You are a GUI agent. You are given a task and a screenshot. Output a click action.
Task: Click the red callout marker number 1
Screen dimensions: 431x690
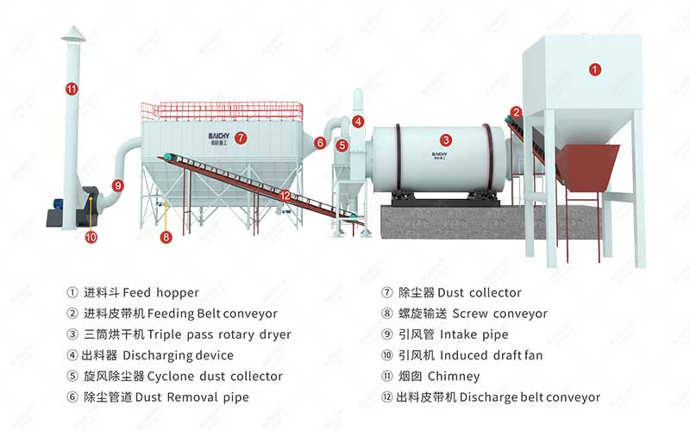[x=594, y=69]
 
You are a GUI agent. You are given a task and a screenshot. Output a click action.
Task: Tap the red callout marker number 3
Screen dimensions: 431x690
[x=446, y=140]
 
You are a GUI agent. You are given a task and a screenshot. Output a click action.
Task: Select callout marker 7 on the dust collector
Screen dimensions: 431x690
[x=241, y=137]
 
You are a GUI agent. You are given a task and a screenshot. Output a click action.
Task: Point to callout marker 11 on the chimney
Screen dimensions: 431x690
[x=72, y=88]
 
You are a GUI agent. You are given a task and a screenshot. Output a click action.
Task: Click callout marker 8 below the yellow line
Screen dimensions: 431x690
[x=166, y=236]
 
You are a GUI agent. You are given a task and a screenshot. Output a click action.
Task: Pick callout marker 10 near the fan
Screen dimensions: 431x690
[x=91, y=237]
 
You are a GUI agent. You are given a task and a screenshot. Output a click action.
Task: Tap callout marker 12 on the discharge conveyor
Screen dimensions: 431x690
[x=285, y=196]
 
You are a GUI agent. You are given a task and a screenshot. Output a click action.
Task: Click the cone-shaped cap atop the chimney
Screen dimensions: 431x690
[x=72, y=32]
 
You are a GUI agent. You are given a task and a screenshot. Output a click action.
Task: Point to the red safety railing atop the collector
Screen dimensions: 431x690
[x=222, y=110]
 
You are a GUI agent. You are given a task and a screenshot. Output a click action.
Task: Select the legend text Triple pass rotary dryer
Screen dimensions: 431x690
[x=219, y=334]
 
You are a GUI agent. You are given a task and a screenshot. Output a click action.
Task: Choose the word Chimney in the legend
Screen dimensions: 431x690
[x=453, y=377]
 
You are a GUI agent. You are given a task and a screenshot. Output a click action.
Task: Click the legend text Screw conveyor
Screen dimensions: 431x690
[x=499, y=314]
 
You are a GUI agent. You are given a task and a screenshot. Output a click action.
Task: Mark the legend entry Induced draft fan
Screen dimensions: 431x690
[x=491, y=355]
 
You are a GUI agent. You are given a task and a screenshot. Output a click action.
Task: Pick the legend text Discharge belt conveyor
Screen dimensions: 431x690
[x=530, y=397]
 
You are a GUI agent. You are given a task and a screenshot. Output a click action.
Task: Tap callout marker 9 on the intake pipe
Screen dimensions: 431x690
[x=118, y=184]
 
